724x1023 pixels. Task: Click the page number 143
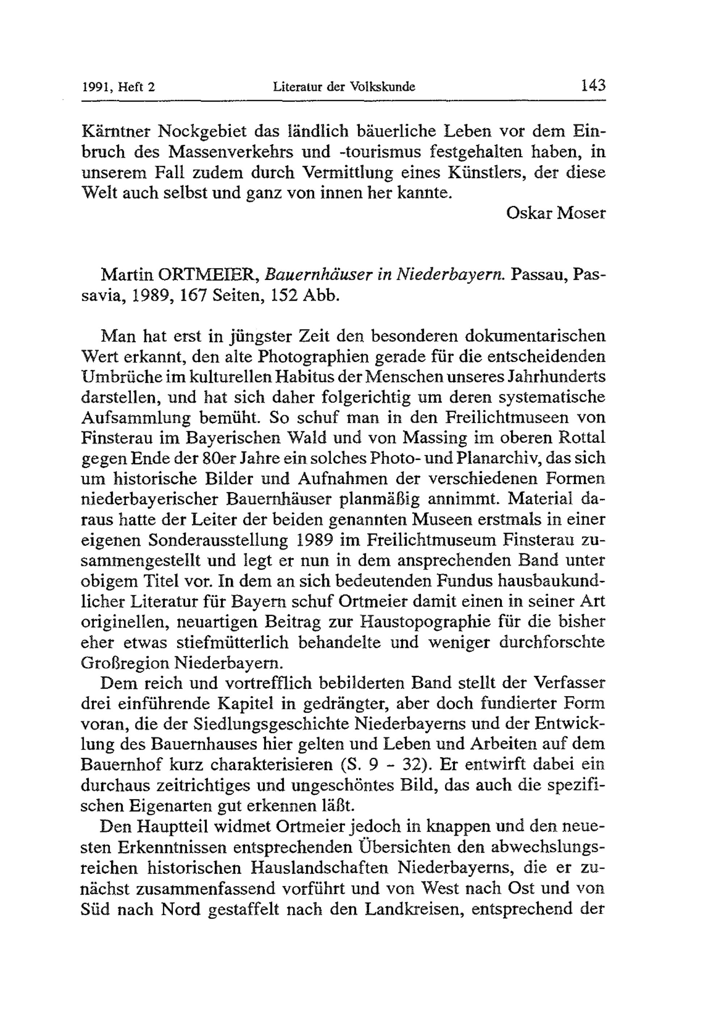click(x=593, y=85)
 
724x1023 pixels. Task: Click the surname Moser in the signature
click(x=582, y=213)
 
